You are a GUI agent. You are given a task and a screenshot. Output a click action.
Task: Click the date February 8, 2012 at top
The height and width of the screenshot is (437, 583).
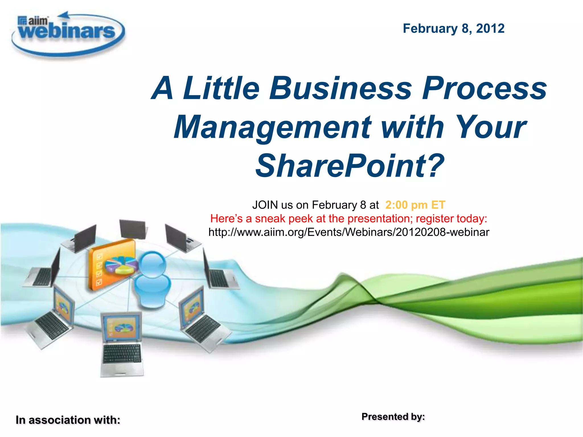point(453,28)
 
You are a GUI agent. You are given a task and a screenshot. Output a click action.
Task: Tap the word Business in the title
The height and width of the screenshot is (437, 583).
point(341,88)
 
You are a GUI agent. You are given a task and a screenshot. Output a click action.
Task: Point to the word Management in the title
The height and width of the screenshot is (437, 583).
point(272,127)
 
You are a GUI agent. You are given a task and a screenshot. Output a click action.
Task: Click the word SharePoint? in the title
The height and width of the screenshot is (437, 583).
point(350,166)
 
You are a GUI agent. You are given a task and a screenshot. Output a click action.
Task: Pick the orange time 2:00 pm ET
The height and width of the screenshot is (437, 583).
point(415,205)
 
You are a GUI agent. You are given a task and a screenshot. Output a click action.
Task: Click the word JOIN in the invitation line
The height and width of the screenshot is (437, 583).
point(265,205)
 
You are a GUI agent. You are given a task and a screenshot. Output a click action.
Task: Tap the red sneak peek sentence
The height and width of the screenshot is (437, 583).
point(349,218)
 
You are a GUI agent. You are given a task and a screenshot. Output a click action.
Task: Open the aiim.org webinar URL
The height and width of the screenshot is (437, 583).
point(349,232)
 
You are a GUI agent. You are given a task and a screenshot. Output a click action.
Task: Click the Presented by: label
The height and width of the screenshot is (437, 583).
point(393,417)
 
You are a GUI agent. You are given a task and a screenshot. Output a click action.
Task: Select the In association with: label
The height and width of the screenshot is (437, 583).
point(68,420)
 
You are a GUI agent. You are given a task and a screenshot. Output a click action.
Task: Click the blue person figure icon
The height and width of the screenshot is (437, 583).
point(152,280)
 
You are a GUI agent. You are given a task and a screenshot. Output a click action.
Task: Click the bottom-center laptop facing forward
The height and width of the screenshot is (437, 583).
point(122,344)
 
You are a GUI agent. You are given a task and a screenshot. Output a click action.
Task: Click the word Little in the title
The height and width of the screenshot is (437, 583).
point(221,88)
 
